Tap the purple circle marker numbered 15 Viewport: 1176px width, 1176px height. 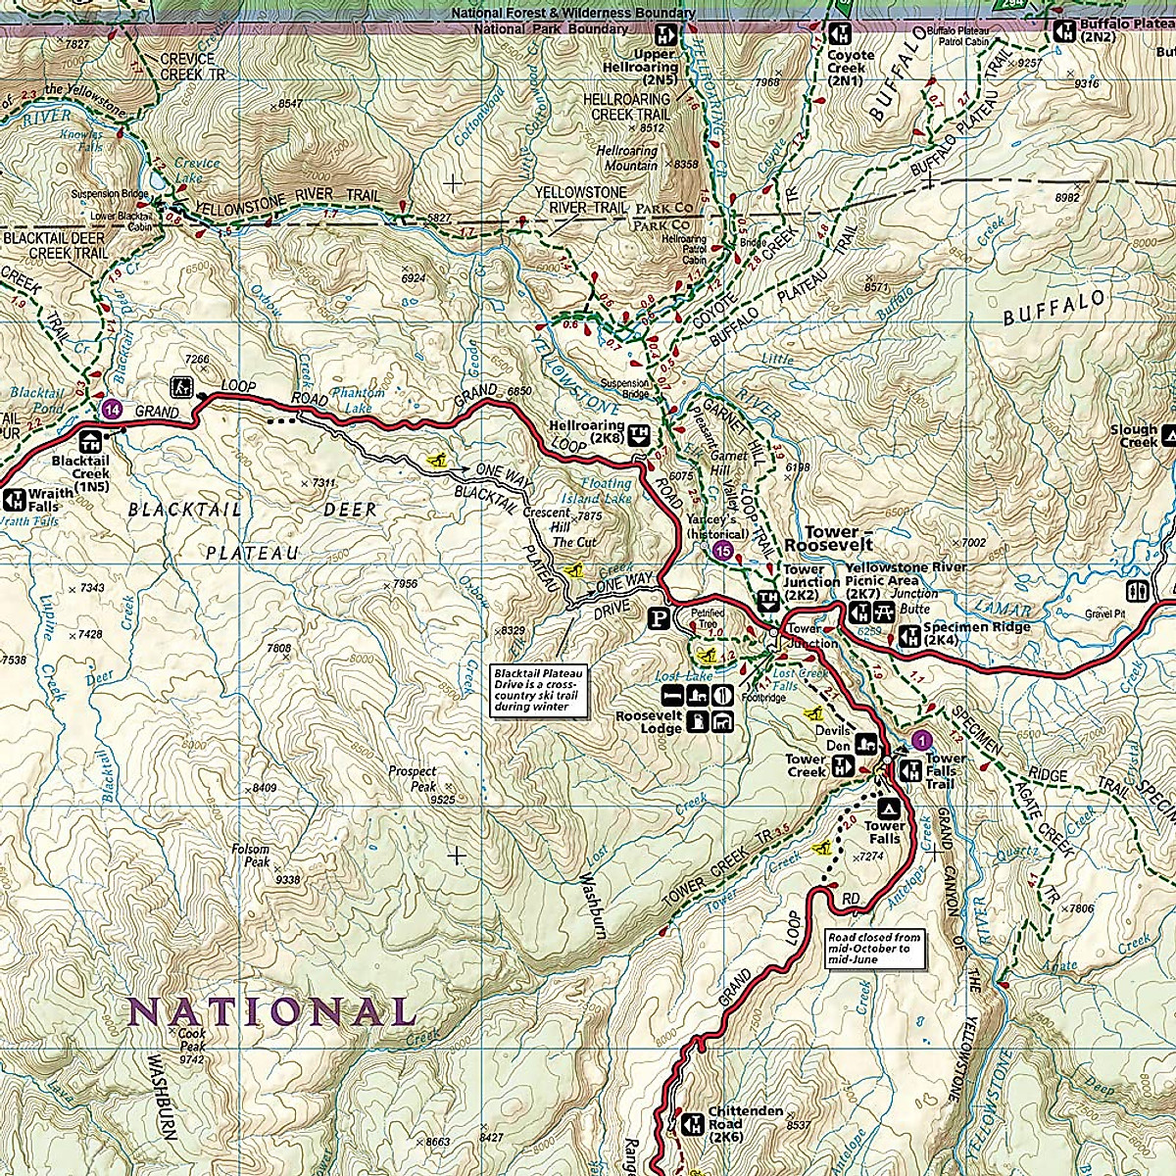click(x=723, y=551)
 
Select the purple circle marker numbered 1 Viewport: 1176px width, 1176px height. click(x=918, y=739)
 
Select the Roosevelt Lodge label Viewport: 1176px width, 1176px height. click(x=648, y=722)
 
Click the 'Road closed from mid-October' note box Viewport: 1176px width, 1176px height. click(x=873, y=949)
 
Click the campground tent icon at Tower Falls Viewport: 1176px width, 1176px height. click(x=890, y=808)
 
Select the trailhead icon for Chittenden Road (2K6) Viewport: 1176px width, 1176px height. click(x=693, y=1123)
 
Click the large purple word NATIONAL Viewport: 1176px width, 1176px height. click(x=271, y=1010)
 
